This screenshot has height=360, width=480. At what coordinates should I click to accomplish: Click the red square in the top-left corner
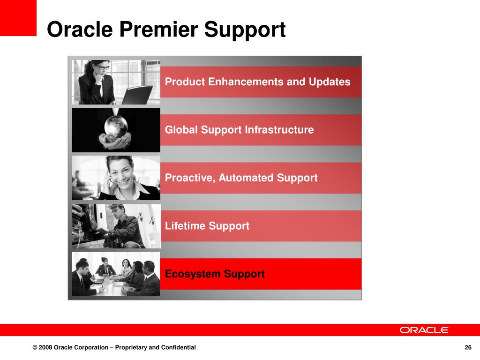18,18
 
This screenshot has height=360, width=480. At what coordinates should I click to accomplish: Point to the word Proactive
190,178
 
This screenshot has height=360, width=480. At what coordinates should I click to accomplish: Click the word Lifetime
185,226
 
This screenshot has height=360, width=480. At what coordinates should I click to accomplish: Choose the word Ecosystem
193,274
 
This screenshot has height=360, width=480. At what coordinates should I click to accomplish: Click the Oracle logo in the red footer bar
424,330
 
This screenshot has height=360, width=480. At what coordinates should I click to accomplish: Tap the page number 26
468,347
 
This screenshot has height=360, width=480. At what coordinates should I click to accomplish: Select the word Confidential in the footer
179,347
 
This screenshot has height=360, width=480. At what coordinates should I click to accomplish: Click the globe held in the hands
116,126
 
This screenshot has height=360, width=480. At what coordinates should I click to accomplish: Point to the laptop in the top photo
137,95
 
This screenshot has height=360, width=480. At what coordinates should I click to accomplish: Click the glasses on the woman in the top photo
103,67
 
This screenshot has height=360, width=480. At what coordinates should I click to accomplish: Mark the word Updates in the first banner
330,82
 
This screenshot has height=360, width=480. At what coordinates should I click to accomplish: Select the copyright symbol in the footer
35,347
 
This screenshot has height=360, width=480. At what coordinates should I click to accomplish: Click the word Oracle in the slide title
80,30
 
